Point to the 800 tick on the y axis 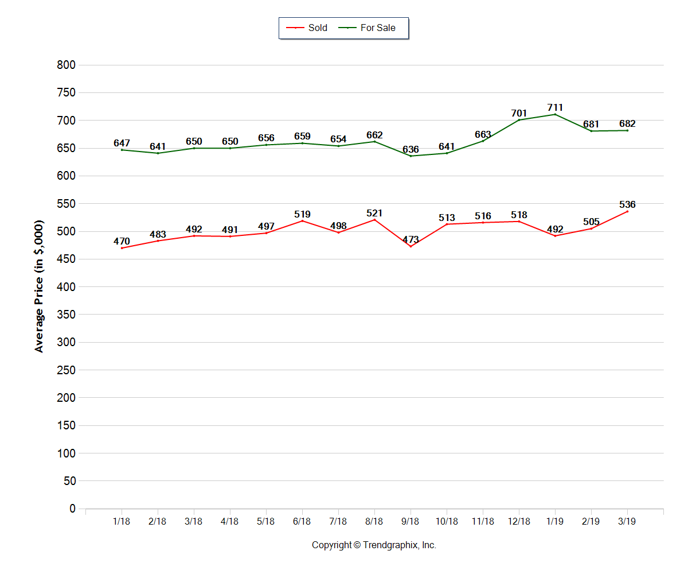pos(67,65)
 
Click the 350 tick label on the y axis pos(67,315)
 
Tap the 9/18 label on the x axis pos(411,521)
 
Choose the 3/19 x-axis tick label pos(627,521)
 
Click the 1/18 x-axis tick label pos(122,521)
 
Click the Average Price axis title pos(39,286)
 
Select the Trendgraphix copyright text pos(374,545)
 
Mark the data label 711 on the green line pos(555,107)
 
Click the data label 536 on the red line pos(627,204)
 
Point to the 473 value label pos(411,239)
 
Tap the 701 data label pos(519,113)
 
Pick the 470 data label pos(122,241)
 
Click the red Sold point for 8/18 pos(374,220)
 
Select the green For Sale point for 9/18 pos(411,156)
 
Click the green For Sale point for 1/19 pos(555,114)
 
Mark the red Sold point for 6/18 pos(302,221)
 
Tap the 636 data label pos(411,149)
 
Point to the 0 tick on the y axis pos(72,509)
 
